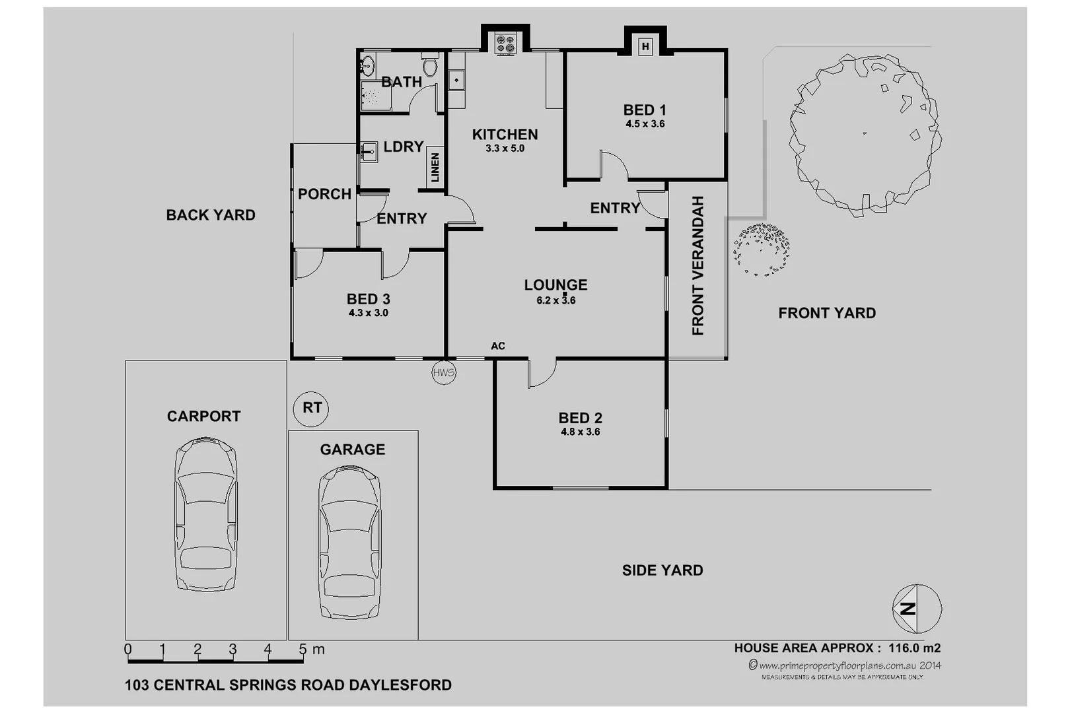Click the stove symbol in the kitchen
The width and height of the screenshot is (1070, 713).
click(505, 44)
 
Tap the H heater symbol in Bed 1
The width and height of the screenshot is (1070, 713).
click(645, 46)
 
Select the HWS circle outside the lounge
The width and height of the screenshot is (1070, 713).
click(444, 372)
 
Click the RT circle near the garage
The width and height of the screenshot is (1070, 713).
click(311, 408)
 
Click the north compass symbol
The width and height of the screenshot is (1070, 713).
click(916, 608)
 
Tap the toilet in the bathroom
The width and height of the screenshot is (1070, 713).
click(430, 65)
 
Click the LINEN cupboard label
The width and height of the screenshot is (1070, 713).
click(435, 168)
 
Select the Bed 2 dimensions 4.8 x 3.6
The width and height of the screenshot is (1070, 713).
click(580, 432)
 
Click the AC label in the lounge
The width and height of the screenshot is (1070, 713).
click(497, 346)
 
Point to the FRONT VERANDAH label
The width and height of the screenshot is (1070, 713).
click(698, 265)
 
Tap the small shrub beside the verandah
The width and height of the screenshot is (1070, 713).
click(761, 249)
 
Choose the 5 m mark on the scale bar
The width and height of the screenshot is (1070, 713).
click(303, 650)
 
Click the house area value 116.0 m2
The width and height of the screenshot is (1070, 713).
click(914, 648)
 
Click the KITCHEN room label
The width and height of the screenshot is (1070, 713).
click(505, 135)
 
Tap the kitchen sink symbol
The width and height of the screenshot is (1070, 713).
click(456, 81)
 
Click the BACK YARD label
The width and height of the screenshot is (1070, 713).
click(210, 215)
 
